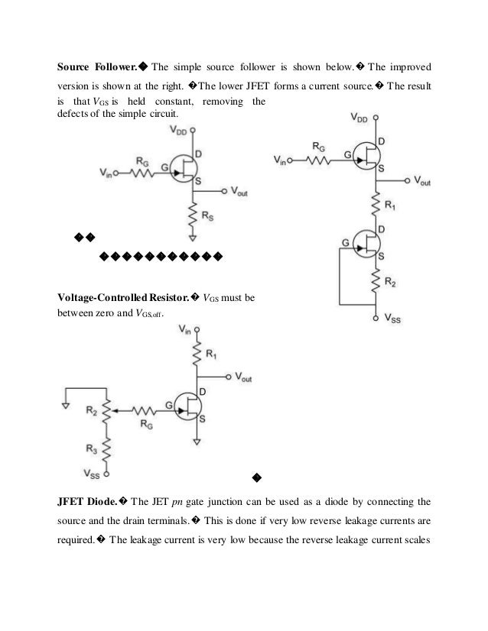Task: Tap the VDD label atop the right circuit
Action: pyautogui.click(x=360, y=118)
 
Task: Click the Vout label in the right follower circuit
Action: pyautogui.click(x=422, y=181)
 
